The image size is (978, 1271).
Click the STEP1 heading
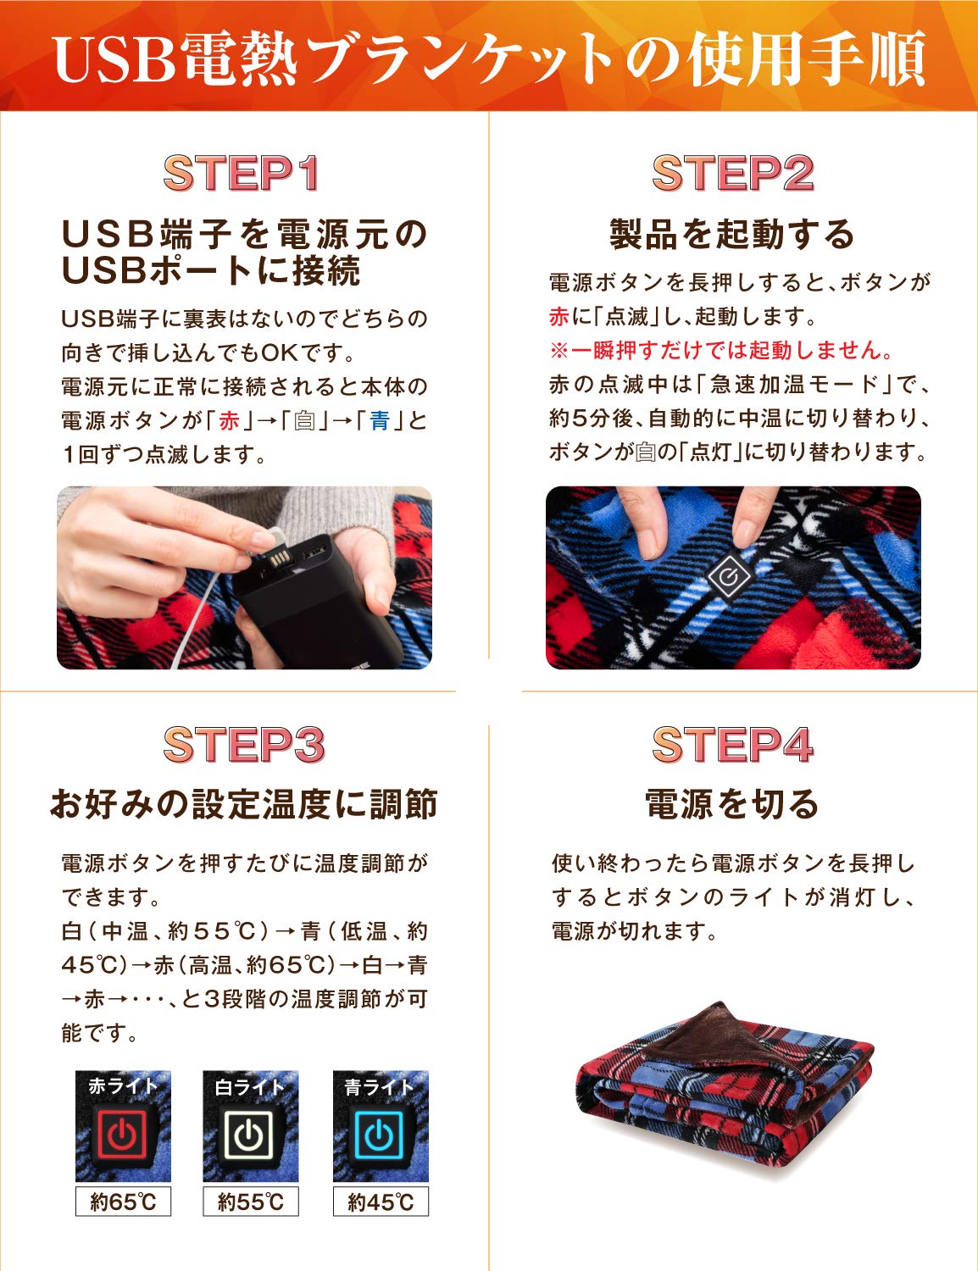click(x=242, y=174)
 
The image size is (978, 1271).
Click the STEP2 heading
click(x=732, y=174)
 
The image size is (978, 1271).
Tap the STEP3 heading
click(x=244, y=745)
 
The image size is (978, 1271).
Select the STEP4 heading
click(x=732, y=745)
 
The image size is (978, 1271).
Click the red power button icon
click(x=123, y=1135)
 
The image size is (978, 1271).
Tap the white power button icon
click(x=250, y=1135)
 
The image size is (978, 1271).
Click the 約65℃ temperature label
click(x=123, y=1202)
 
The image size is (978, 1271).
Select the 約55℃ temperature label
click(x=251, y=1202)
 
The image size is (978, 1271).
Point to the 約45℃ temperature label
click(x=381, y=1202)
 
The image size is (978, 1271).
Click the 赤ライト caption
click(x=123, y=1086)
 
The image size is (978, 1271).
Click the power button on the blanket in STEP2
click(x=729, y=578)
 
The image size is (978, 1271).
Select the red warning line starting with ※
click(x=721, y=350)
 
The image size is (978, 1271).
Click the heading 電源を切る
click(x=732, y=803)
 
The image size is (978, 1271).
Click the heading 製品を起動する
click(x=732, y=234)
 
